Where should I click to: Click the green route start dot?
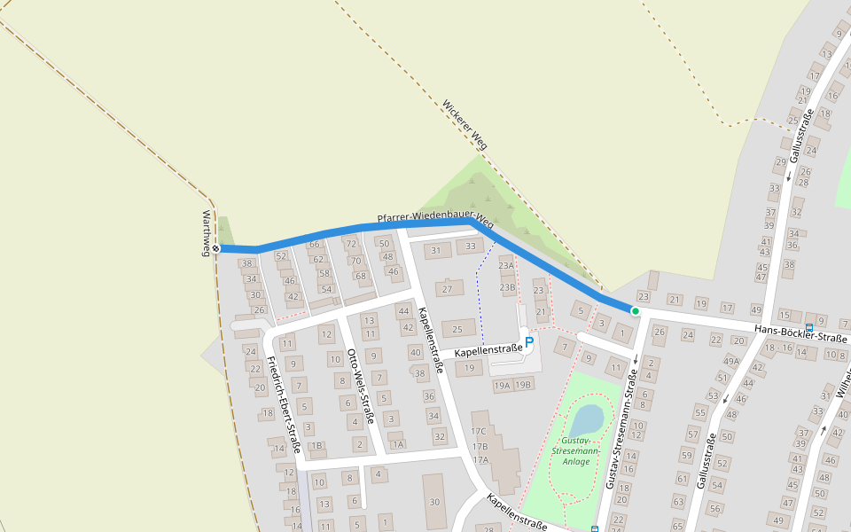(x=635, y=311)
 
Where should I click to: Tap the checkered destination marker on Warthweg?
(x=215, y=248)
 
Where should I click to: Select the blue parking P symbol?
(x=529, y=342)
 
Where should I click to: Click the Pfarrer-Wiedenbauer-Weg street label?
(x=434, y=218)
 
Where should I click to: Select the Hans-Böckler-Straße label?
(x=800, y=334)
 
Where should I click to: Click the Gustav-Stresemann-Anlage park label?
(x=576, y=450)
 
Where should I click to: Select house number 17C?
(x=480, y=432)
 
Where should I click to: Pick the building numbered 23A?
(x=506, y=265)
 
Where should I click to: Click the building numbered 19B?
(x=524, y=385)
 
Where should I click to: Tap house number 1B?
(x=316, y=445)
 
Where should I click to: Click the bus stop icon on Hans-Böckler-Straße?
(x=808, y=327)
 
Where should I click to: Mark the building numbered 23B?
(x=507, y=287)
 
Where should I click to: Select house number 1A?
(x=397, y=444)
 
